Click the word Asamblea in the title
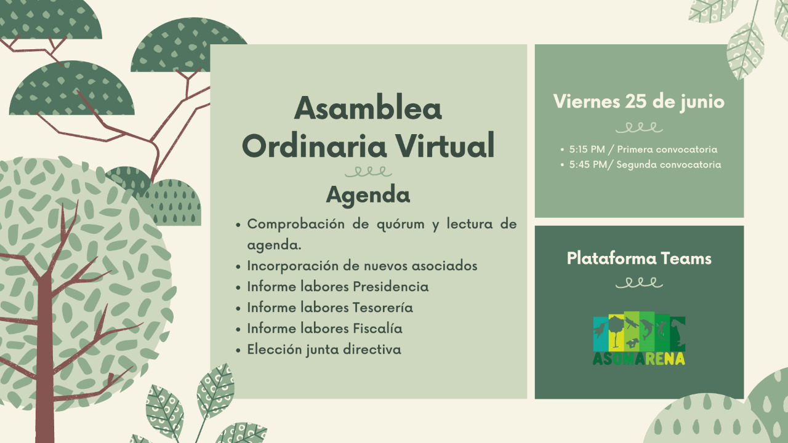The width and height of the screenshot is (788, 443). coord(368,109)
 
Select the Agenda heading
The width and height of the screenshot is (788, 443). coord(368,195)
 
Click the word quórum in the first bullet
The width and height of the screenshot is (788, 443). coord(401,224)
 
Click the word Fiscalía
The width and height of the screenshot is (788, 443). coord(377,329)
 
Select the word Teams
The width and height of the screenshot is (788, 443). coord(686,258)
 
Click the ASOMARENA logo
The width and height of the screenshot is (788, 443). coord(639,339)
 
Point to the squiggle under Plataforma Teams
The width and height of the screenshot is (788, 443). coord(639,283)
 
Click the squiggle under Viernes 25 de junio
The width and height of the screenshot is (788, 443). coord(639,127)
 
